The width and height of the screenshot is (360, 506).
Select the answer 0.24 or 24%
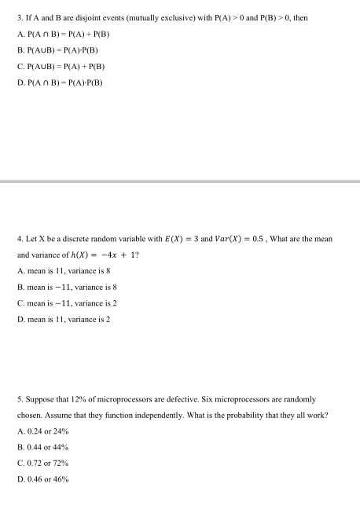[x=53, y=433]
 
